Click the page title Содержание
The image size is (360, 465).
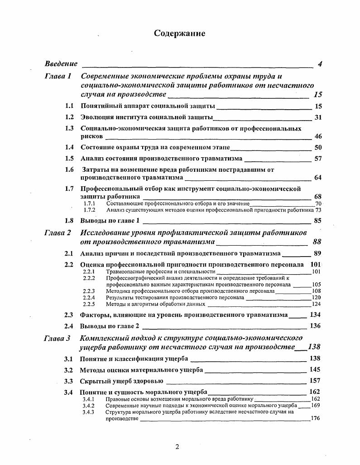click(x=179, y=33)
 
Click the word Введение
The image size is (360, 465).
click(x=61, y=64)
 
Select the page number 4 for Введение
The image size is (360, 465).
click(x=320, y=64)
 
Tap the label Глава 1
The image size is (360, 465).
click(x=58, y=76)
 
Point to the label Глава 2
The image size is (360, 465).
click(x=58, y=233)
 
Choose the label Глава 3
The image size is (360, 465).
click(x=57, y=338)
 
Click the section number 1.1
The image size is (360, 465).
click(x=69, y=106)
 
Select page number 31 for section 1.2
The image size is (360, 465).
click(x=317, y=117)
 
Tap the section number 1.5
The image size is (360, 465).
click(x=69, y=158)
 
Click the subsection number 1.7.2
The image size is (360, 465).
click(x=89, y=210)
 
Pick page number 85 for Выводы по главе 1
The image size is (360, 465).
click(x=317, y=221)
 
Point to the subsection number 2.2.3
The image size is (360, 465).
click(x=89, y=291)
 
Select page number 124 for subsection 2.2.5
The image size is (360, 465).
click(x=316, y=304)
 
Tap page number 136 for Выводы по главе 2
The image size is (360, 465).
click(x=315, y=326)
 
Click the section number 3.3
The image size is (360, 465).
click(x=69, y=381)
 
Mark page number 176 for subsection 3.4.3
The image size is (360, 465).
click(x=316, y=418)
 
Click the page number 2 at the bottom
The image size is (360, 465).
click(x=177, y=447)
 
